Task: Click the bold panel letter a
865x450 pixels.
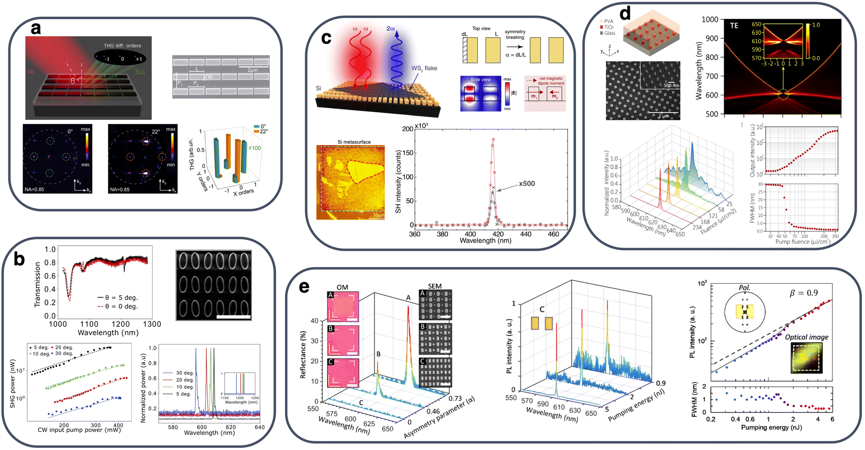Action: [36, 28]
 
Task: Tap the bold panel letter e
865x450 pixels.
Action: [304, 287]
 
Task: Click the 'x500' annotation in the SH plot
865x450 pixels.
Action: [527, 184]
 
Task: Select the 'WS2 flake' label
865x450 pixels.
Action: [424, 68]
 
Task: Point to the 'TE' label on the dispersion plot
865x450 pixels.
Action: [734, 26]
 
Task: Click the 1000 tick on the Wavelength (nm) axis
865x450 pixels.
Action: [710, 19]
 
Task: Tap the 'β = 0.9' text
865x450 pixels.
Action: [803, 293]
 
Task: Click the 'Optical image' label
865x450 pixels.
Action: [806, 337]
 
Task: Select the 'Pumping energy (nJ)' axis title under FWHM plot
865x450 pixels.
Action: [771, 427]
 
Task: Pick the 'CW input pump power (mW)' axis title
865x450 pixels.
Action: [79, 430]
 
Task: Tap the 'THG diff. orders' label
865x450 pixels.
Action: [122, 45]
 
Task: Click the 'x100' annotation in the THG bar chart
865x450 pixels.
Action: [254, 148]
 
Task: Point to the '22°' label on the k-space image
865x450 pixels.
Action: [156, 131]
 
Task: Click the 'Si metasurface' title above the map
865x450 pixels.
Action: [354, 142]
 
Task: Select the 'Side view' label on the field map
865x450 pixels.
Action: [480, 80]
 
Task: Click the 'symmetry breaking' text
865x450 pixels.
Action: [515, 35]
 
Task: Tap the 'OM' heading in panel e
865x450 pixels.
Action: [342, 287]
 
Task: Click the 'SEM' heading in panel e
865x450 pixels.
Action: [434, 286]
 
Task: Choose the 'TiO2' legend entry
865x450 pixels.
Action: [609, 27]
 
